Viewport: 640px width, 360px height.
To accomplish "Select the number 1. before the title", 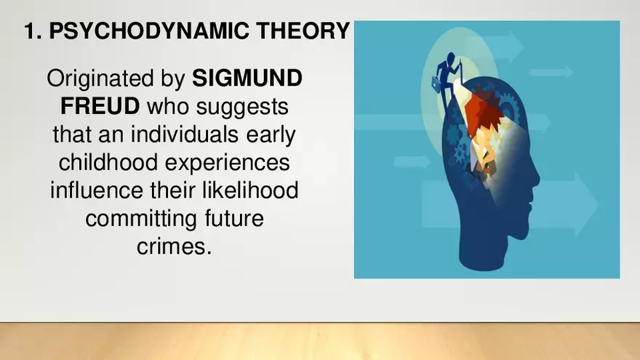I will tap(31, 32).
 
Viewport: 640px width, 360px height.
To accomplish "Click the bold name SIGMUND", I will tap(247, 79).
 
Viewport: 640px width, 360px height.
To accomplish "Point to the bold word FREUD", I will tap(100, 107).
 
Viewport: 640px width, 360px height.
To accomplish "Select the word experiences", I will tap(234, 162).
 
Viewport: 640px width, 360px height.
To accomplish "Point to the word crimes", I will tap(175, 246).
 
